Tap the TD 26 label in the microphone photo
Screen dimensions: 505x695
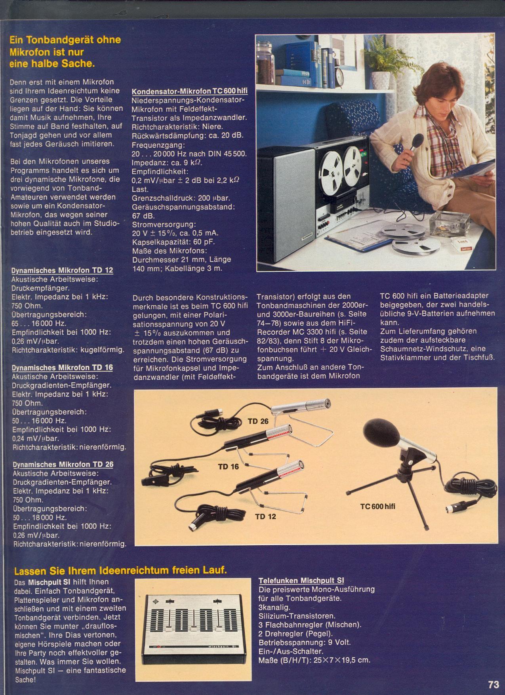(x=258, y=421)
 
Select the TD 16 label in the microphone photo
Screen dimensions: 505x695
(x=229, y=467)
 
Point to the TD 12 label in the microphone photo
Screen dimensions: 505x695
(x=266, y=516)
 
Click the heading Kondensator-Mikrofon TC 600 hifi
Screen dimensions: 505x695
(x=189, y=91)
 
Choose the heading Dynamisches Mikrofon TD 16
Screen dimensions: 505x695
(x=63, y=367)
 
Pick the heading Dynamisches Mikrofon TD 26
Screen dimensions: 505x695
(x=63, y=464)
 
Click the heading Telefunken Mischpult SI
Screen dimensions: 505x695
(x=301, y=581)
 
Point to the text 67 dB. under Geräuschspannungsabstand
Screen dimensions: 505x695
(x=142, y=215)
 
